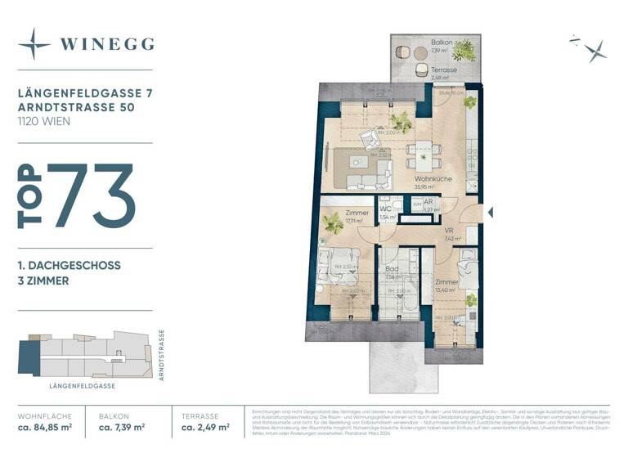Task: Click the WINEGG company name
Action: point(107,44)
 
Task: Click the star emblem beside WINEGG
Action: point(34,44)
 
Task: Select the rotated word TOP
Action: point(30,196)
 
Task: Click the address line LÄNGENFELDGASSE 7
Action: point(84,94)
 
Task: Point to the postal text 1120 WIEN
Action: point(44,121)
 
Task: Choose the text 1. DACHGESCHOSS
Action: point(70,266)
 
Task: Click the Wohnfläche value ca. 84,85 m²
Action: point(45,427)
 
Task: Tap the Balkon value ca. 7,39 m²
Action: point(122,427)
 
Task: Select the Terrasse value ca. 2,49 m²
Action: point(204,427)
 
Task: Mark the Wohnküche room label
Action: point(433,178)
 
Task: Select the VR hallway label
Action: point(449,231)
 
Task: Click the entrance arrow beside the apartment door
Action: point(491,213)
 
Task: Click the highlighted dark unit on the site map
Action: point(29,358)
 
